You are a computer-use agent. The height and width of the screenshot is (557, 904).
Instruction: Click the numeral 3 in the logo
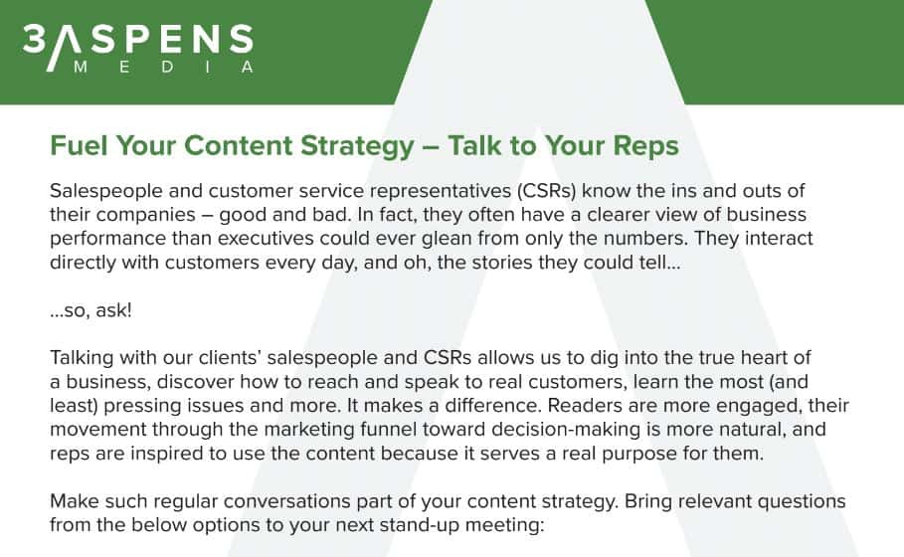pyautogui.click(x=34, y=39)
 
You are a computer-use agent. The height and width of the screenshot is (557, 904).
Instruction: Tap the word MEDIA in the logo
pyautogui.click(x=164, y=67)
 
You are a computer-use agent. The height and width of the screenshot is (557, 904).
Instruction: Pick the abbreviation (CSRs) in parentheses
pyautogui.click(x=547, y=191)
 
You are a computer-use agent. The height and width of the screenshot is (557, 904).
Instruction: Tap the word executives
pyautogui.click(x=265, y=238)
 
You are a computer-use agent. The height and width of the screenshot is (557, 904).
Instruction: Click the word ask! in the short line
pyautogui.click(x=113, y=310)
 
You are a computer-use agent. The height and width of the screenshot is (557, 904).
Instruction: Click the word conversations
pyautogui.click(x=286, y=501)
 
